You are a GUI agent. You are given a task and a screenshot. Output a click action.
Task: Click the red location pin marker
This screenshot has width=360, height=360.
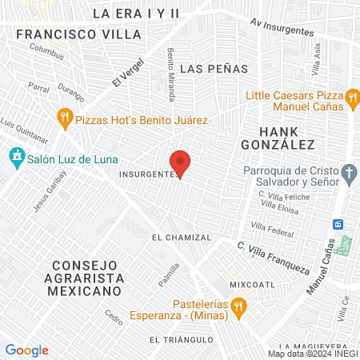(181, 162)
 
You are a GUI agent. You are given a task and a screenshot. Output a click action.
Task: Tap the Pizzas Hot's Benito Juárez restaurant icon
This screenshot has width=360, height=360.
(65, 120)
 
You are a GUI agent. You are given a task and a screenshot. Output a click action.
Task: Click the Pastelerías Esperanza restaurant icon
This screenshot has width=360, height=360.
(238, 308)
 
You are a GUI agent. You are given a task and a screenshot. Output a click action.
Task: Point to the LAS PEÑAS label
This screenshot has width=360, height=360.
(214, 69)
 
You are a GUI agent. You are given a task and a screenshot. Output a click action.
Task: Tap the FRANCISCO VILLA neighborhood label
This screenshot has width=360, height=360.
(78, 35)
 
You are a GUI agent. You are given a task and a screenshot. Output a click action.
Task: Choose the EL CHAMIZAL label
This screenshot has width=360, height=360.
(182, 238)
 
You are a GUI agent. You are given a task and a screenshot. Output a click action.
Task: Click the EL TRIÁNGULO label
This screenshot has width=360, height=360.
(181, 340)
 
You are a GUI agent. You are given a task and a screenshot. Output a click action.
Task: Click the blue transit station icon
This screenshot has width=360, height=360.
(338, 223)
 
